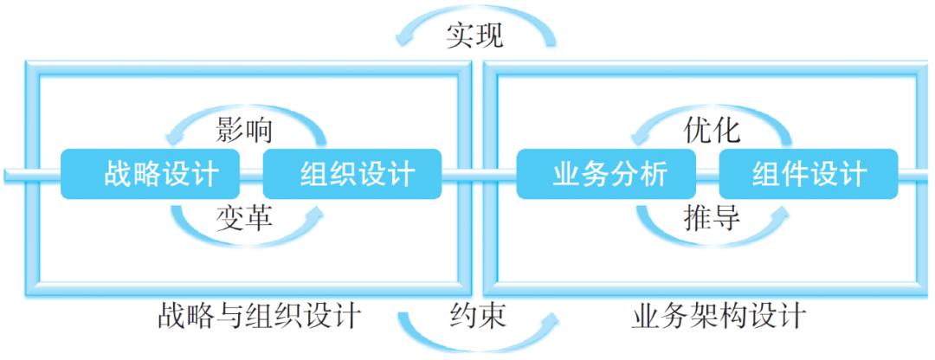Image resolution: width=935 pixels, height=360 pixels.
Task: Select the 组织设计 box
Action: (353, 174)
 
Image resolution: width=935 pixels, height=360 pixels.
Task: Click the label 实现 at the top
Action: (474, 35)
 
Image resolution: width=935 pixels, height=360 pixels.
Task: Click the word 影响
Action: (243, 130)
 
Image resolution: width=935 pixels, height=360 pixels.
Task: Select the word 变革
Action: (243, 219)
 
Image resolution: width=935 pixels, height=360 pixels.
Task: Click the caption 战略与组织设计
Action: (259, 316)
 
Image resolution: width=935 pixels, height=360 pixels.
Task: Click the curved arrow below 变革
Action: (195, 227)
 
